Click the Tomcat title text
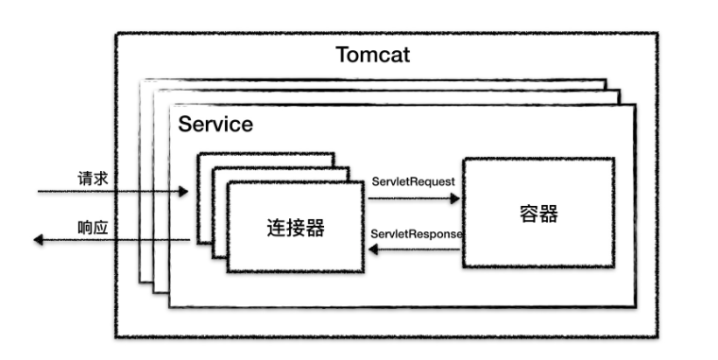tap(372, 54)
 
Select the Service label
tap(215, 124)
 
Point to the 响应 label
tap(92, 228)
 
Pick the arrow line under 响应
tap(113, 241)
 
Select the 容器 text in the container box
tap(538, 214)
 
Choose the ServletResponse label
tap(416, 233)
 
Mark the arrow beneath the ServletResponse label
tap(416, 250)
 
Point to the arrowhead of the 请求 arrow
tap(183, 193)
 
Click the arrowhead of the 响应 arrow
tap(40, 241)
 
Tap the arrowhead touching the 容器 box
tap(455, 199)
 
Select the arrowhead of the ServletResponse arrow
tap(372, 250)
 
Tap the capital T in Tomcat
tap(342, 54)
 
